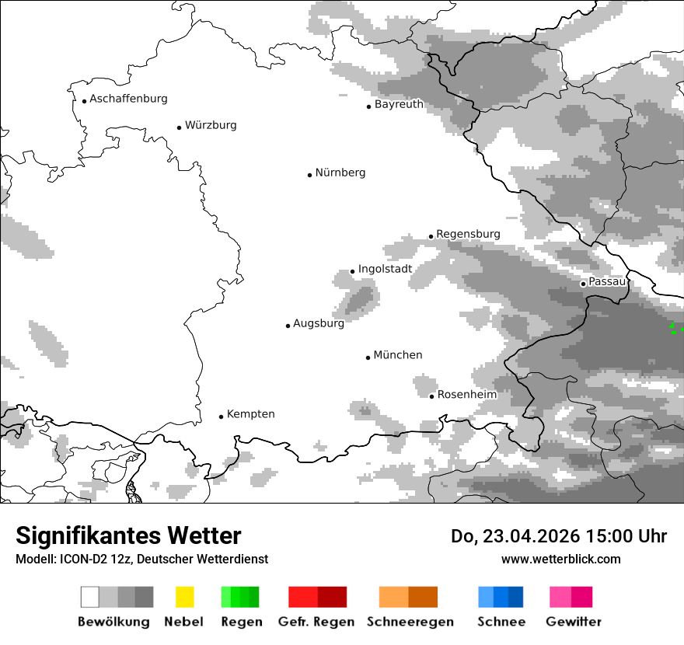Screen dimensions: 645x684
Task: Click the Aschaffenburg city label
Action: pyautogui.click(x=128, y=99)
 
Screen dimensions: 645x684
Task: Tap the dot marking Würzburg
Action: pyautogui.click(x=179, y=127)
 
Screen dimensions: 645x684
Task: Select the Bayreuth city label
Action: pyautogui.click(x=399, y=104)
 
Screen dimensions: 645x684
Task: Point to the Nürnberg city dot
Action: pyautogui.click(x=309, y=175)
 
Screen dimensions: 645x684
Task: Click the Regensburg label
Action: pyautogui.click(x=468, y=234)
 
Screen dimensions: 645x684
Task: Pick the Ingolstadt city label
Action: pyautogui.click(x=385, y=269)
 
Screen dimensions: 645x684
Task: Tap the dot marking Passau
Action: pyautogui.click(x=583, y=284)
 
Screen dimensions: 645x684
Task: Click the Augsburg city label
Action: pyautogui.click(x=319, y=323)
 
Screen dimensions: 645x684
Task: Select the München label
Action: pyautogui.click(x=398, y=355)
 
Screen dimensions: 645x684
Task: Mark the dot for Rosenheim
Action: pyautogui.click(x=431, y=396)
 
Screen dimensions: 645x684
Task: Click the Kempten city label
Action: pyautogui.click(x=250, y=414)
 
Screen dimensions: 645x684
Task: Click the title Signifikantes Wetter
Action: pyautogui.click(x=128, y=536)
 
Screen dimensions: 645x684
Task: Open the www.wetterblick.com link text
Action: pyautogui.click(x=560, y=560)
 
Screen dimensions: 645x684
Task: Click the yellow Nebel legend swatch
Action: pyautogui.click(x=184, y=597)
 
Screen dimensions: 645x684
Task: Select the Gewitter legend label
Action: pyautogui.click(x=573, y=622)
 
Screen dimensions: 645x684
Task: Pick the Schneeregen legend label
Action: pyautogui.click(x=410, y=622)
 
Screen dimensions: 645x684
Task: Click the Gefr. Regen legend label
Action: pyautogui.click(x=316, y=622)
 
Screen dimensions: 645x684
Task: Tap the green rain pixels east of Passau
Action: pyautogui.click(x=675, y=329)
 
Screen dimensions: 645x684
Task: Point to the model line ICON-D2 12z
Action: pyautogui.click(x=141, y=560)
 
